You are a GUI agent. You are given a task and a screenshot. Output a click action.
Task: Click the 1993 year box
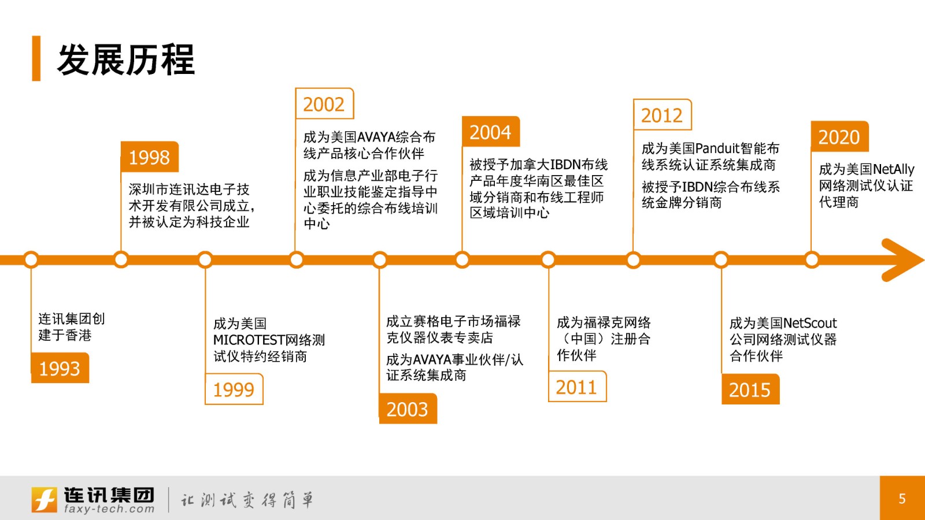60,367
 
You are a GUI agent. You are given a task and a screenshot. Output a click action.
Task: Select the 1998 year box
150,157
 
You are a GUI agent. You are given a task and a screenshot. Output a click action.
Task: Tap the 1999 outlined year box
234,389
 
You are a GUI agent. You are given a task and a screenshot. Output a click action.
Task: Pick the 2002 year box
324,103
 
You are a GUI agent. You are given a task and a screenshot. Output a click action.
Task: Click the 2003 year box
408,408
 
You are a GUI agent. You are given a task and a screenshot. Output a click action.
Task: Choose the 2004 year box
491,132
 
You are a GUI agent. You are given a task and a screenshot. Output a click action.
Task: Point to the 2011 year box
577,387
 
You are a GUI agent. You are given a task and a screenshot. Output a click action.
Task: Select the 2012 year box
662,115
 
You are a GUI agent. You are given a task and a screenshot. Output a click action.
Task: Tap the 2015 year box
750,389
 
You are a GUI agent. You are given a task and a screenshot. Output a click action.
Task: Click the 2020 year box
839,136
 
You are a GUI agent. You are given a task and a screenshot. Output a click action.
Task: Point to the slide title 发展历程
125,60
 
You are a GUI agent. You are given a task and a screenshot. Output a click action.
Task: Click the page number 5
902,499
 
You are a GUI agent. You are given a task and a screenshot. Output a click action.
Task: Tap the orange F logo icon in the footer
44,499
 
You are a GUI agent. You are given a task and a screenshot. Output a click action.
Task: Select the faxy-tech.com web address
109,509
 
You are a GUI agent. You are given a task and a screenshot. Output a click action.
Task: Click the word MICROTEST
249,340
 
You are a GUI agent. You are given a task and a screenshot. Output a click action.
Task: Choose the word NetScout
809,323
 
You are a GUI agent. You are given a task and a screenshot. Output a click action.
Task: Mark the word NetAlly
893,169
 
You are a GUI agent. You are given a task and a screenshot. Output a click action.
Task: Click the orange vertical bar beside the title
36,58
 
